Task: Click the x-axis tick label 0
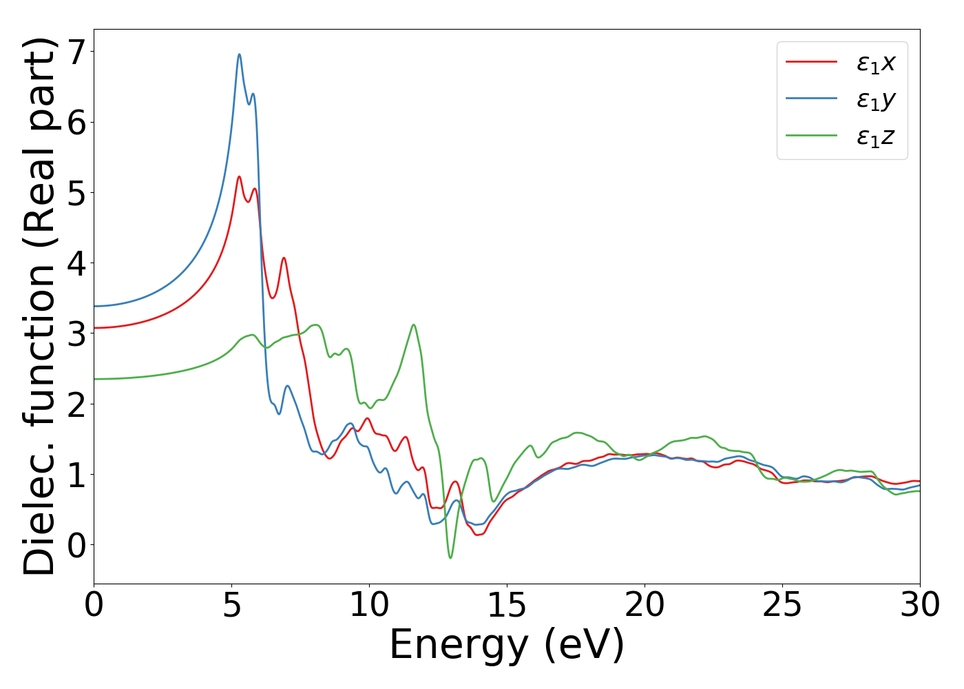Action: [x=94, y=606]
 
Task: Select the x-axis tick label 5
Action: [x=231, y=606]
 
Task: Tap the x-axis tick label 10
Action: [x=369, y=606]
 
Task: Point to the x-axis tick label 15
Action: [x=507, y=606]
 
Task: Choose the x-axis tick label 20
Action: [x=645, y=606]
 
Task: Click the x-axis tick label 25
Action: [x=782, y=606]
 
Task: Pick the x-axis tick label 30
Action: [x=920, y=606]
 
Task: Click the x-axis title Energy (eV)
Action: [x=507, y=646]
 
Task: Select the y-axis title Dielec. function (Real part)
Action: [x=39, y=307]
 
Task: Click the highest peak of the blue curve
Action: [x=239, y=54]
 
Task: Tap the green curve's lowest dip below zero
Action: [x=450, y=557]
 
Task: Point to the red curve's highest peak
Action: [x=239, y=176]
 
